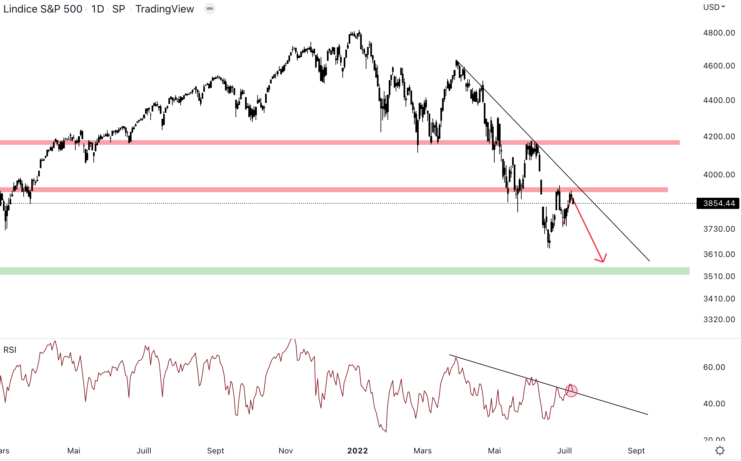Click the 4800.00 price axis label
tap(719, 33)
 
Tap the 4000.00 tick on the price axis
tap(719, 175)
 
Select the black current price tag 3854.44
tap(718, 203)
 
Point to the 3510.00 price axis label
tap(719, 276)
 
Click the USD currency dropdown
tap(714, 7)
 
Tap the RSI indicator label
tap(10, 350)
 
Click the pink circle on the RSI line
tap(571, 391)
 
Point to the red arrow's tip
tap(603, 262)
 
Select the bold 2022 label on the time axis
tap(358, 451)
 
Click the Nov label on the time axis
tap(285, 451)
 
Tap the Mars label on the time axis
tap(423, 451)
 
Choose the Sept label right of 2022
tap(636, 451)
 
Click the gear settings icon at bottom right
tap(720, 450)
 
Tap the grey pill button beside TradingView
tap(210, 9)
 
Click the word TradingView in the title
tap(164, 9)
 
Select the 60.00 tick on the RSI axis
tap(714, 367)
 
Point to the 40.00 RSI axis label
tap(714, 404)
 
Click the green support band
tap(329, 271)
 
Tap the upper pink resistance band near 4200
tap(329, 142)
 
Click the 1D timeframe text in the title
tap(98, 9)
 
